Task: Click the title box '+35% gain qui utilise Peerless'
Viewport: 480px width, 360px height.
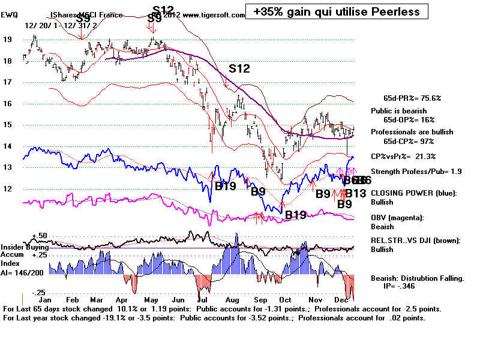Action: tap(336, 11)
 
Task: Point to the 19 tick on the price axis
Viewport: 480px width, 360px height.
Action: tap(7, 39)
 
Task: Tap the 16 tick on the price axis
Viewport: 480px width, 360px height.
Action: tap(7, 103)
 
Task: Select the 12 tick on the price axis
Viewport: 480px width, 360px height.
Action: tap(7, 188)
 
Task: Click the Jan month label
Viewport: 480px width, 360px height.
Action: tap(44, 298)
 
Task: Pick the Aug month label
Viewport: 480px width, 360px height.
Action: tap(232, 298)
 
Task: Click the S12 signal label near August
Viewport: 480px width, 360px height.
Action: tap(238, 68)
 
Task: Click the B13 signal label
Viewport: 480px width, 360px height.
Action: tap(355, 193)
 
